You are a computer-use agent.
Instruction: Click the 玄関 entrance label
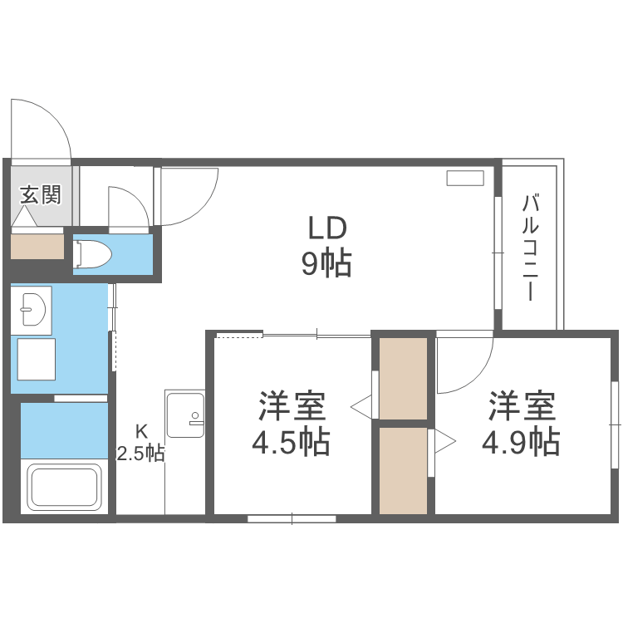coord(39,195)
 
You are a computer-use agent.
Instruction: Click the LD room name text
coord(326,227)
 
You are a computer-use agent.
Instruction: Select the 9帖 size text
coord(326,264)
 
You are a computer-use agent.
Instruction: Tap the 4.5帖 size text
coord(291,441)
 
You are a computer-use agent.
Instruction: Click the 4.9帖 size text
coord(520,441)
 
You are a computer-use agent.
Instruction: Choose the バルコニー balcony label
coord(532,248)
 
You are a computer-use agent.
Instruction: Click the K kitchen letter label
coord(142,431)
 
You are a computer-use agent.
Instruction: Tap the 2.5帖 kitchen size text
coord(140,454)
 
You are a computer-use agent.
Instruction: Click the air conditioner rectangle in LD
coord(464,178)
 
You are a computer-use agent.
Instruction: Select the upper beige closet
coord(404,378)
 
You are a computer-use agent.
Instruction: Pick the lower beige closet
coord(404,470)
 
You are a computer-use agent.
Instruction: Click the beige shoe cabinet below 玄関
coord(37,246)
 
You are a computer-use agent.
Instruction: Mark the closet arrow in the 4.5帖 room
coord(362,407)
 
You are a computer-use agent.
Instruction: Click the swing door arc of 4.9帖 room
coord(466,365)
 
